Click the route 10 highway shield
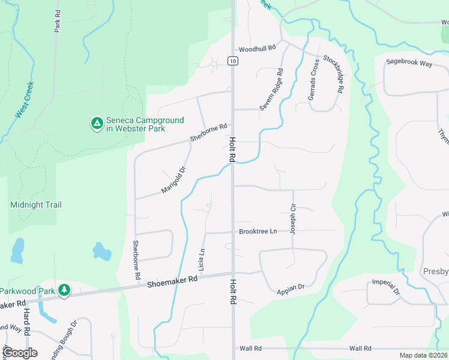[x=232, y=61]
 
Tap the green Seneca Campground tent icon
[x=96, y=124]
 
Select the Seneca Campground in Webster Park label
[x=145, y=124]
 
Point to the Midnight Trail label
[x=36, y=205]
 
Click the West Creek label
[x=25, y=99]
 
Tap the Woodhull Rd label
[x=256, y=49]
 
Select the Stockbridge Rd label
[x=334, y=73]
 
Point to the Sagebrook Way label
[x=409, y=62]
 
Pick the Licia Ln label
[x=202, y=259]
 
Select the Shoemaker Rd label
[x=172, y=280]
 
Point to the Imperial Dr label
[x=386, y=287]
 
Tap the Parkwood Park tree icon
[x=64, y=291]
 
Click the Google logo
[x=20, y=353]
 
